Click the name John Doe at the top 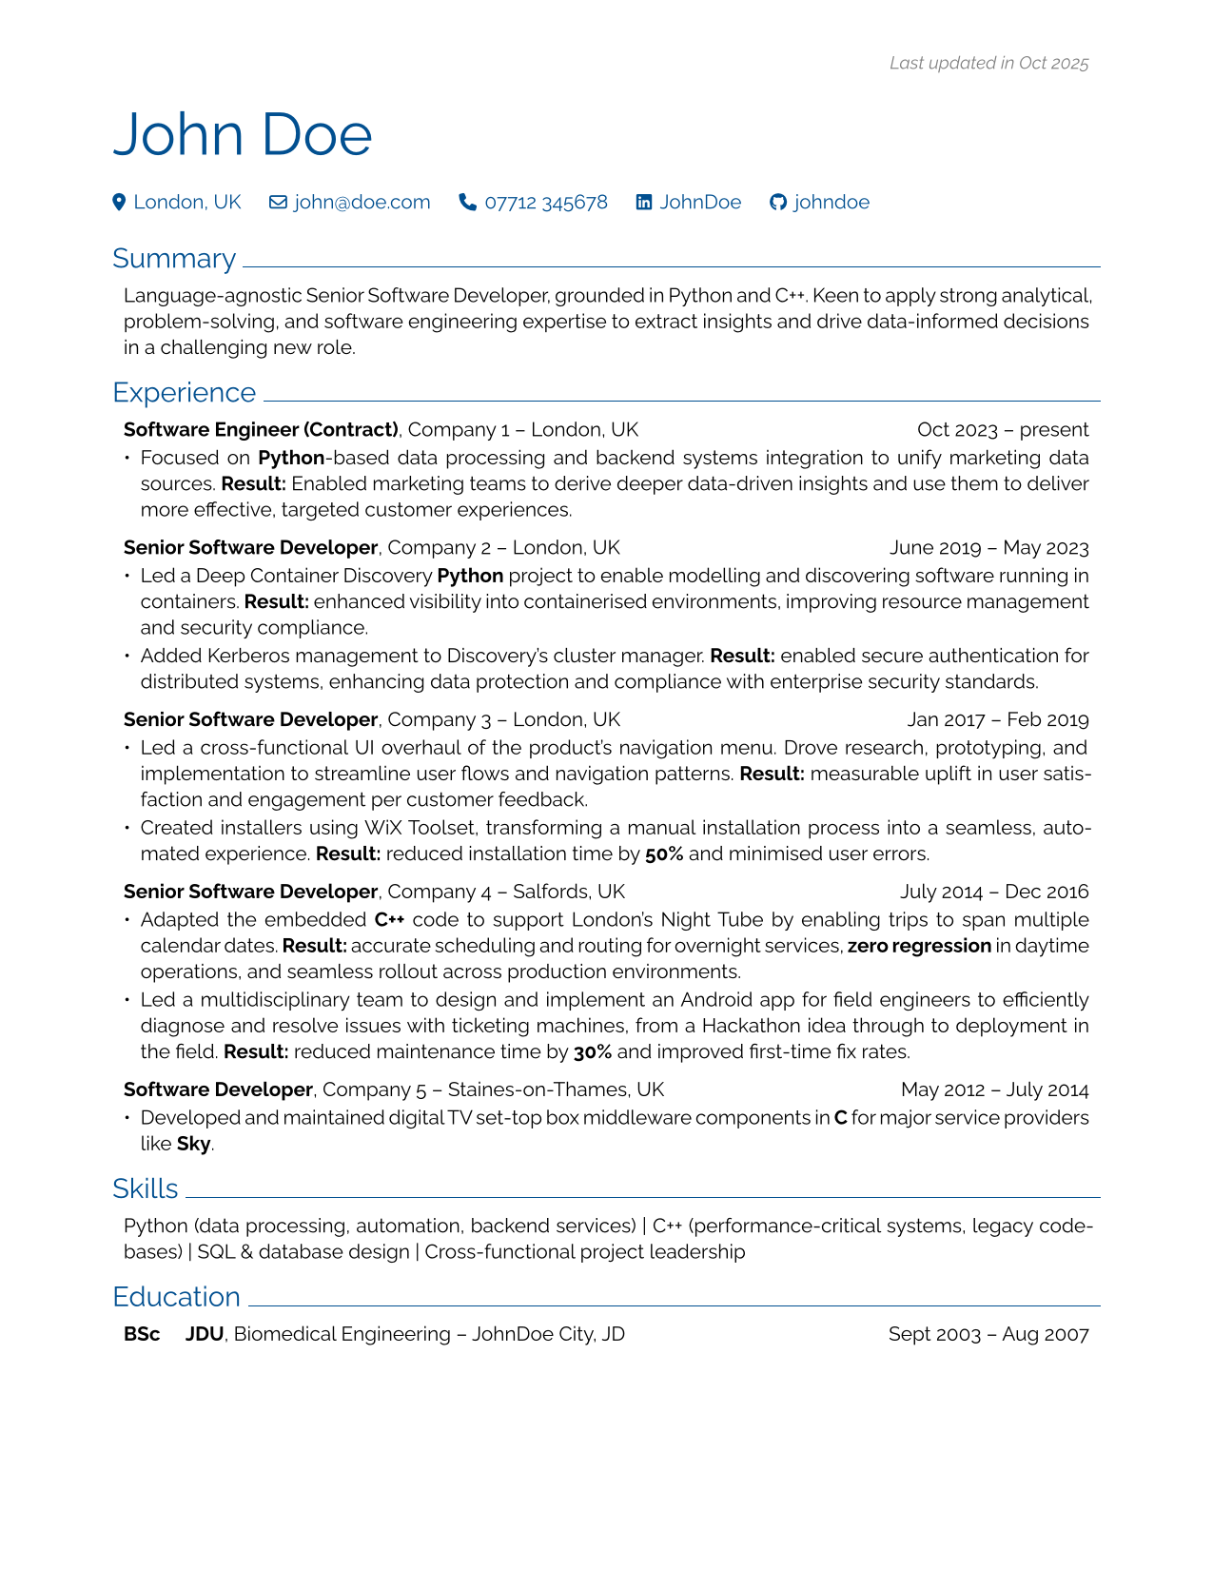click(243, 135)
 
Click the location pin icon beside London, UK click(119, 202)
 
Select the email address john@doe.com click(362, 202)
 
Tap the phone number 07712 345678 click(545, 202)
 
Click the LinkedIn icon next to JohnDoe click(644, 202)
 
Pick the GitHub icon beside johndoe click(778, 202)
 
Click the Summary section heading click(174, 259)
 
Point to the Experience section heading click(184, 393)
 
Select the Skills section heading click(146, 1189)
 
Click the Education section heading click(176, 1297)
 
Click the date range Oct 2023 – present click(1003, 430)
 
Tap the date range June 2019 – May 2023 click(988, 548)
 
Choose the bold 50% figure click(664, 854)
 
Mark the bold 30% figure click(593, 1052)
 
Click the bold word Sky click(193, 1144)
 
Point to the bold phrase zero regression click(919, 946)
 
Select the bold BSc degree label click(142, 1334)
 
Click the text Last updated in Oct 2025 click(988, 64)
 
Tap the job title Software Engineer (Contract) click(261, 430)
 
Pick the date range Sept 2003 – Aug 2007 click(988, 1334)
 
